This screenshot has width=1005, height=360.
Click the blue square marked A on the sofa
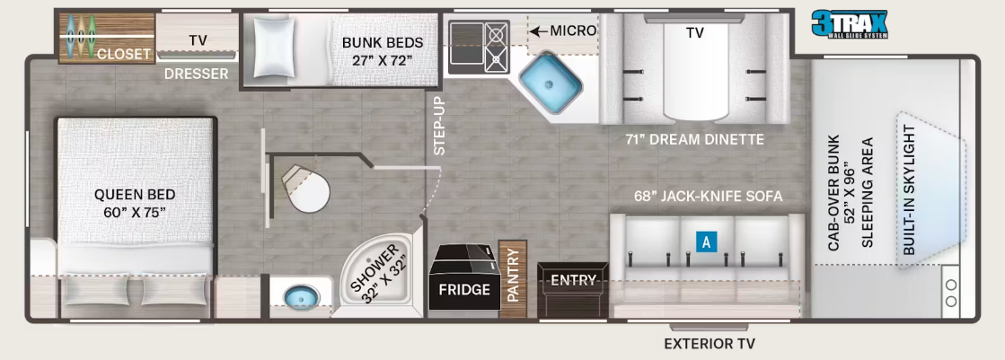[706, 242]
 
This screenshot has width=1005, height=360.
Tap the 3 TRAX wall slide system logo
[850, 24]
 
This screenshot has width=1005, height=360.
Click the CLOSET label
[124, 54]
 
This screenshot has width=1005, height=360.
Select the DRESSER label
[196, 74]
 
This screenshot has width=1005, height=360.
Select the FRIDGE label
[464, 290]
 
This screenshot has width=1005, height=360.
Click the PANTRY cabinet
[512, 281]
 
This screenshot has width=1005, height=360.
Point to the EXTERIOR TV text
[710, 344]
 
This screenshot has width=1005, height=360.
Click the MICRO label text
[573, 31]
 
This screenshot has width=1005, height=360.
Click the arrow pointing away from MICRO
[538, 31]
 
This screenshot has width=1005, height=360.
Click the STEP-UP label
[440, 127]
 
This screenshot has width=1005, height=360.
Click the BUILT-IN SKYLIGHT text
[909, 190]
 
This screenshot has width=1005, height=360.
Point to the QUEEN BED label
[135, 203]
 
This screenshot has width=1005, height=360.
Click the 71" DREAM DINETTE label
[695, 139]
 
